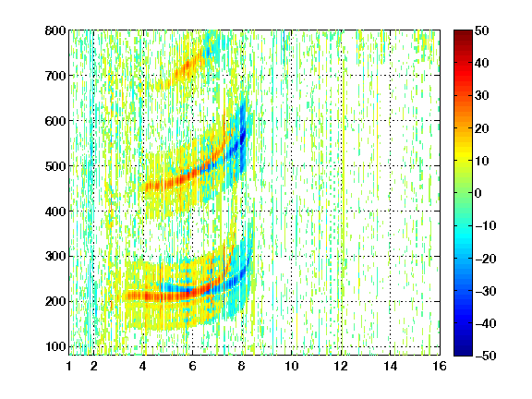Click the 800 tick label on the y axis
(x=55, y=30)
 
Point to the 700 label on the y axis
(x=55, y=76)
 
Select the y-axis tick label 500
(x=55, y=166)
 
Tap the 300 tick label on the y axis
(x=55, y=257)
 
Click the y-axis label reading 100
(x=55, y=346)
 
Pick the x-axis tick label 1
(x=69, y=366)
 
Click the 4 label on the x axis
(x=143, y=366)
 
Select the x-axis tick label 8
(x=242, y=366)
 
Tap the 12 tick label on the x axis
(x=341, y=366)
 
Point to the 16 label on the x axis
(x=440, y=366)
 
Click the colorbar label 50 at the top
(x=482, y=30)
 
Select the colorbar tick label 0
(x=478, y=193)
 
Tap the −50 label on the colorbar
(x=486, y=356)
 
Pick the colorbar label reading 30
(x=482, y=96)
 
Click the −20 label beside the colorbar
(x=486, y=259)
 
